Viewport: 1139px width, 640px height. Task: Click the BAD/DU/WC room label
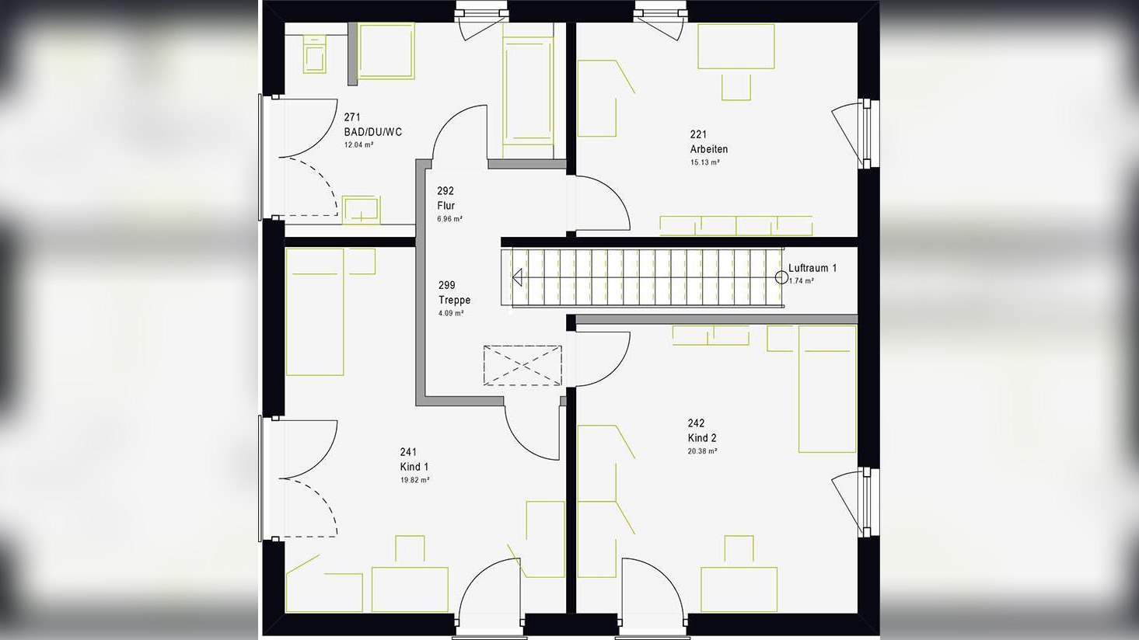(372, 132)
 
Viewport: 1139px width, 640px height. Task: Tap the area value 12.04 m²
(358, 145)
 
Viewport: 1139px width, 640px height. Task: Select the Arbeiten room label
(708, 149)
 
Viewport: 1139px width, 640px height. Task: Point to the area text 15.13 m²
(704, 163)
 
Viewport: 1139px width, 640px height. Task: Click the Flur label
(445, 206)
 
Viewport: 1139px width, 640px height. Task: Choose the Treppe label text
(454, 300)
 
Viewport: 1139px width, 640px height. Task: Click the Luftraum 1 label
(812, 268)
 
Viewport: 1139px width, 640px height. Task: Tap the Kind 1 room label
(414, 467)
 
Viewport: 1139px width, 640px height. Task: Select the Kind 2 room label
(701, 438)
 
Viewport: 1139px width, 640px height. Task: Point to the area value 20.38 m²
(702, 451)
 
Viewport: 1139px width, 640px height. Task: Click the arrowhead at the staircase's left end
(517, 277)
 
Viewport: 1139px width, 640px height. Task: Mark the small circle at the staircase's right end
(781, 277)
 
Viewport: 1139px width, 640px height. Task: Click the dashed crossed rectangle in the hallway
(522, 365)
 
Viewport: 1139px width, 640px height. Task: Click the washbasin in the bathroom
(361, 210)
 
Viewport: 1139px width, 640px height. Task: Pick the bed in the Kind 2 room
(826, 388)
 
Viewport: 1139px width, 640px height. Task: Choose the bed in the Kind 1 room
(315, 311)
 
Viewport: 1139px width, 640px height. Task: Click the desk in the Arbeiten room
(735, 47)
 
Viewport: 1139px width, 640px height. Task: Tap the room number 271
(351, 118)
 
